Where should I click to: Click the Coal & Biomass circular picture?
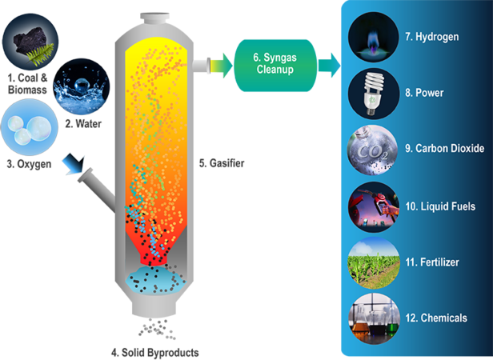click(30, 42)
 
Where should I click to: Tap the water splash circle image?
click(82, 86)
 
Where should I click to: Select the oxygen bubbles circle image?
click(30, 127)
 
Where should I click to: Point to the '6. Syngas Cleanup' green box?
click(275, 66)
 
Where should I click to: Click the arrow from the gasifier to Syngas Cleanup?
click(222, 66)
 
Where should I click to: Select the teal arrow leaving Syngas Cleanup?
click(329, 66)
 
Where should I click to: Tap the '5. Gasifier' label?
click(222, 163)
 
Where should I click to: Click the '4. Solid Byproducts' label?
click(155, 353)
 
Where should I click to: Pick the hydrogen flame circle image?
click(374, 37)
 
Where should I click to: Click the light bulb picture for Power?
click(374, 94)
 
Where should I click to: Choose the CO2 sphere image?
click(374, 150)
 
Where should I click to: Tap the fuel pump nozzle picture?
click(374, 207)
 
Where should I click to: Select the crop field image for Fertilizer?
click(374, 263)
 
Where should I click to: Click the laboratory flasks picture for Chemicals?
click(374, 318)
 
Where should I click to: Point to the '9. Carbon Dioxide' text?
click(445, 148)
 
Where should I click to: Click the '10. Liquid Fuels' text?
click(440, 206)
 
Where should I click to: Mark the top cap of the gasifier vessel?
click(154, 18)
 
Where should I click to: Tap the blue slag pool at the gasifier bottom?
click(155, 279)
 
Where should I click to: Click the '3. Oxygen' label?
click(29, 164)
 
